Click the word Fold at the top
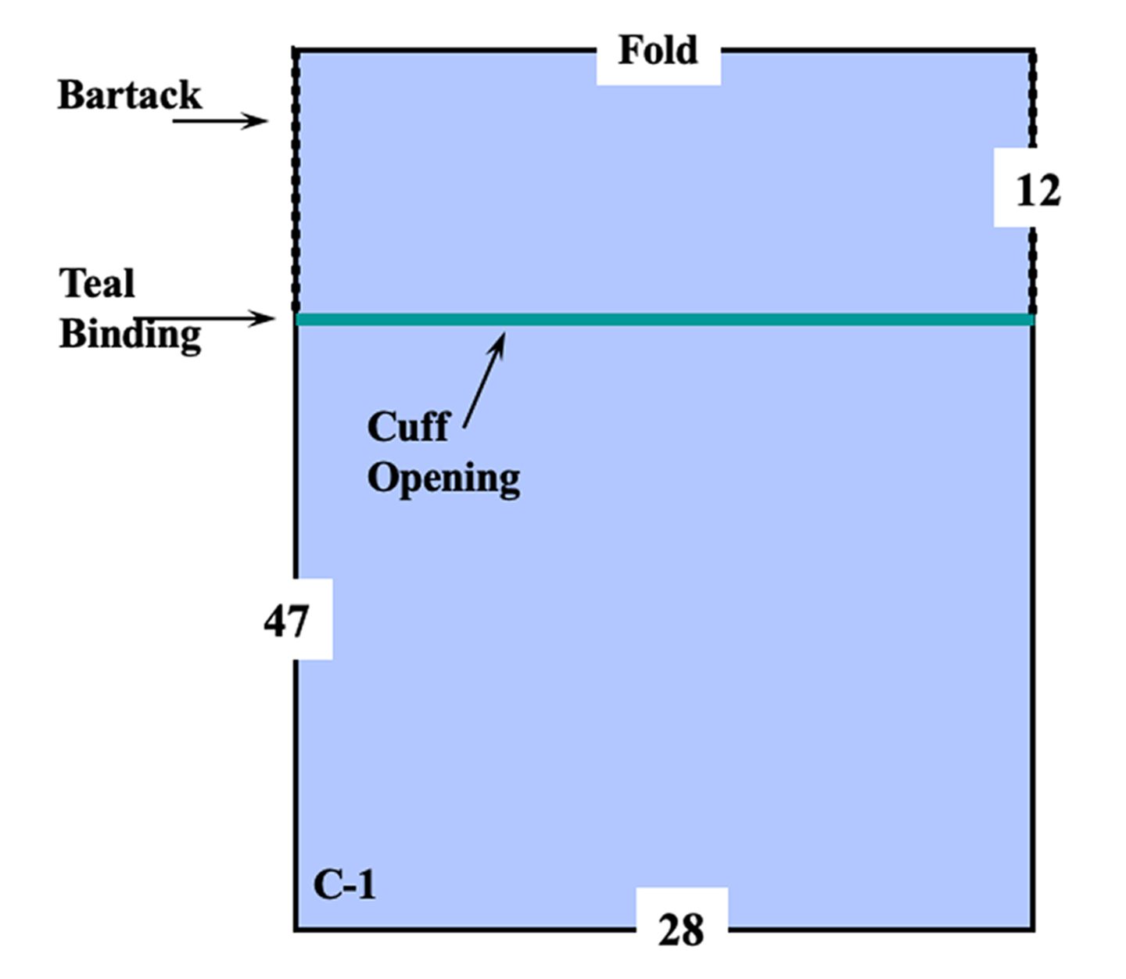point(658,51)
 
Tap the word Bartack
point(129,95)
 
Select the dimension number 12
point(1038,191)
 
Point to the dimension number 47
point(286,622)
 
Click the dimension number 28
point(681,930)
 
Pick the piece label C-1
point(344,885)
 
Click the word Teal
point(97,283)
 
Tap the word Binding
point(130,335)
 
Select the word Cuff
point(408,427)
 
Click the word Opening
point(443,477)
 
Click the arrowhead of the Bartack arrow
point(260,120)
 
